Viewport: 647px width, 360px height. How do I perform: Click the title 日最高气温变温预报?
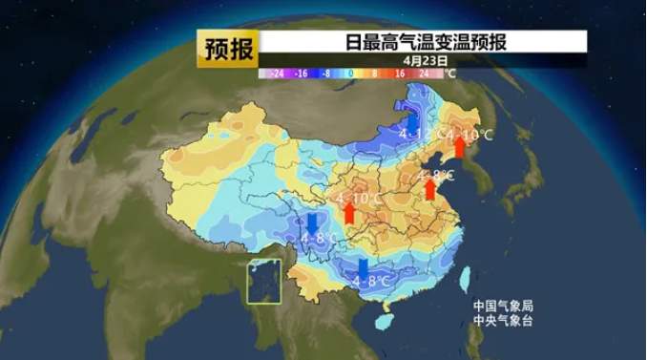pyautogui.click(x=426, y=42)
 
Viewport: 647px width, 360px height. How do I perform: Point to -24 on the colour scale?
pyautogui.click(x=278, y=73)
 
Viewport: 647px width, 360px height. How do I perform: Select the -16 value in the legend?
pyautogui.click(x=302, y=73)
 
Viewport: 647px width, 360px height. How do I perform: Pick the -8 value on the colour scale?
pyautogui.click(x=326, y=73)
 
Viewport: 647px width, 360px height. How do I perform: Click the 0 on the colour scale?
pyautogui.click(x=350, y=73)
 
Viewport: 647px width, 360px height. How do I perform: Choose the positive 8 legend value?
pyautogui.click(x=374, y=73)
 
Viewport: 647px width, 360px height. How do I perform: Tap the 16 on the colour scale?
pyautogui.click(x=399, y=73)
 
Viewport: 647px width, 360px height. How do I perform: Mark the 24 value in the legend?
pyautogui.click(x=423, y=73)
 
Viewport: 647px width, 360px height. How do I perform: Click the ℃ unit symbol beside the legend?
pyautogui.click(x=450, y=73)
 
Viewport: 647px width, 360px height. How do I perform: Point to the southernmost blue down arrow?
pyautogui.click(x=363, y=268)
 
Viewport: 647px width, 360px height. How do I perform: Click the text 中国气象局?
pyautogui.click(x=503, y=307)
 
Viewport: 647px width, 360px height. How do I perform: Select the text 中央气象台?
pyautogui.click(x=503, y=322)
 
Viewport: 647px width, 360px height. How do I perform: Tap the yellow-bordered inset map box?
pyautogui.click(x=265, y=281)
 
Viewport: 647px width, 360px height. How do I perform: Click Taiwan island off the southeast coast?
pyautogui.click(x=466, y=278)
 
